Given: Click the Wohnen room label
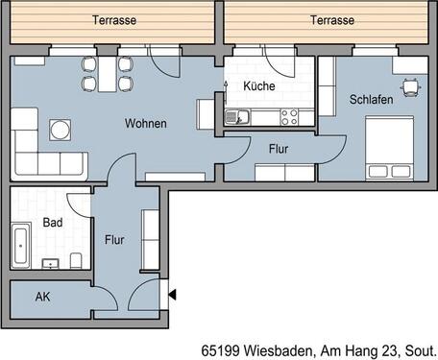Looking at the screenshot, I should point(146,124).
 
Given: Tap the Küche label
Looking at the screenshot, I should point(258,86).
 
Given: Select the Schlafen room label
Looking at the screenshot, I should point(371,99).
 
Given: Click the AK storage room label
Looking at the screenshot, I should point(42,297).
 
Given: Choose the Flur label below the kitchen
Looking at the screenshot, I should point(278,149).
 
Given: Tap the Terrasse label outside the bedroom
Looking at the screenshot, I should point(332,20).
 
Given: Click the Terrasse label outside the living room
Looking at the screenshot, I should point(113,20).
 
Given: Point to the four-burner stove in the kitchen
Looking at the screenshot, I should point(288,117).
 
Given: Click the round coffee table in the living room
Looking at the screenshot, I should point(61,130).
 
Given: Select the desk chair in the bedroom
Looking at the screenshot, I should point(412,86).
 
